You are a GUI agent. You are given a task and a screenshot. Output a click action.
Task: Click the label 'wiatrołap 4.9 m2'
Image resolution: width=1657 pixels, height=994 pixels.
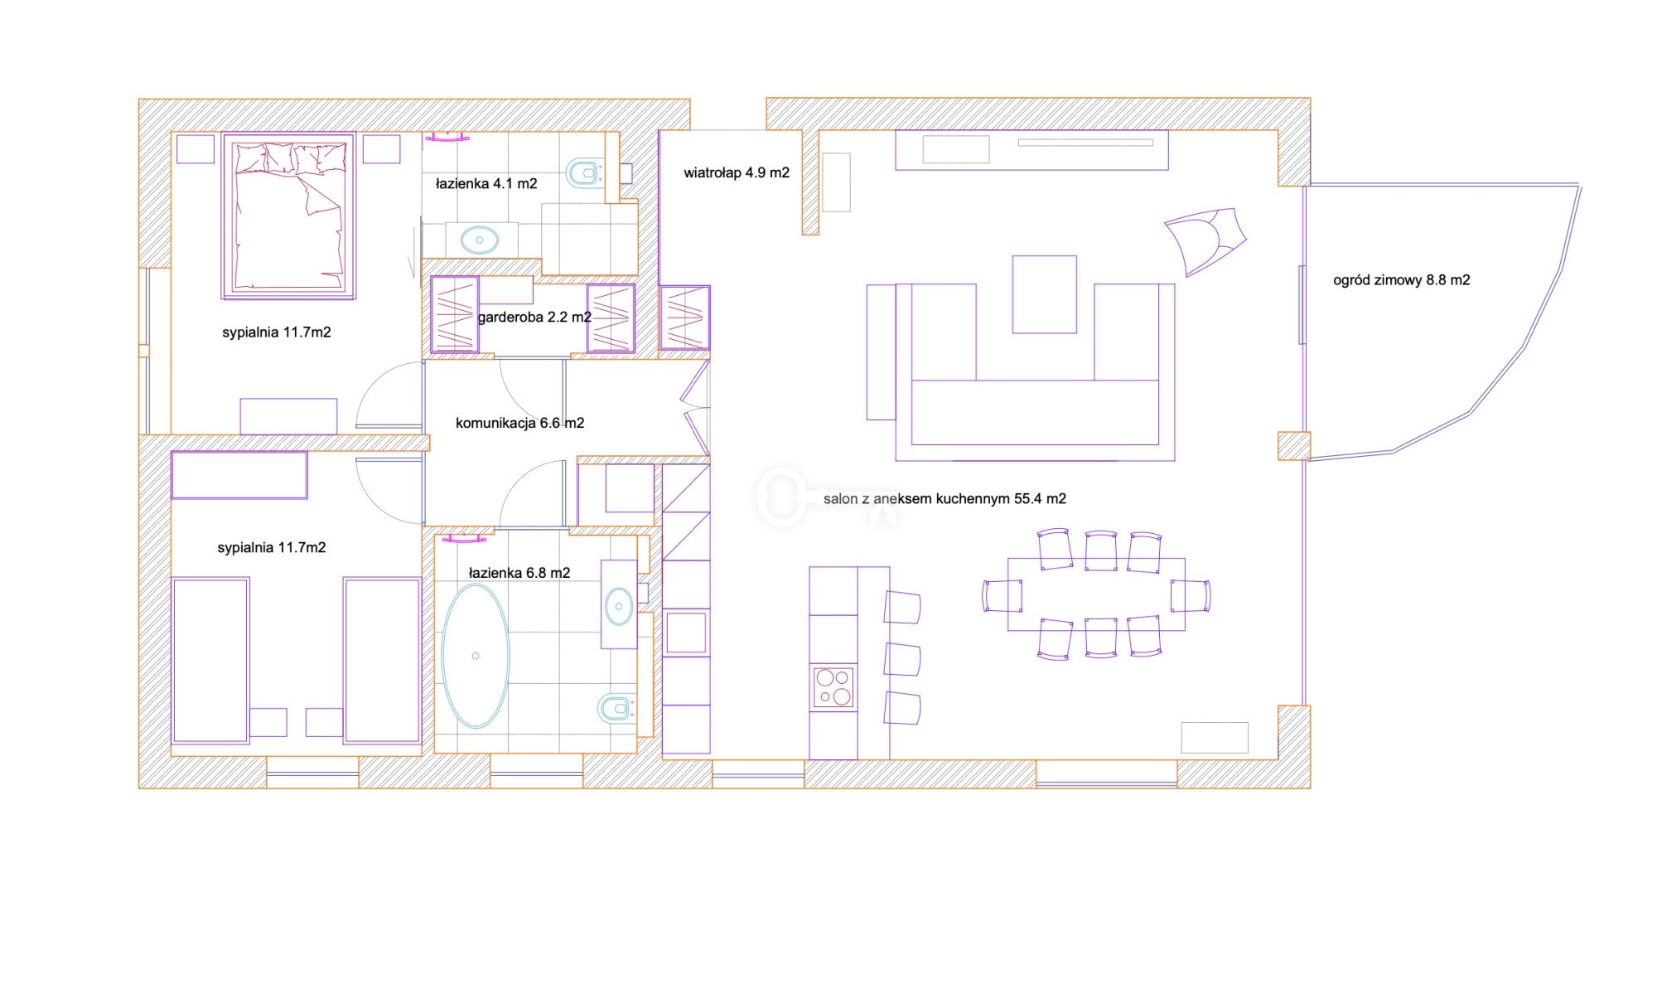point(737,172)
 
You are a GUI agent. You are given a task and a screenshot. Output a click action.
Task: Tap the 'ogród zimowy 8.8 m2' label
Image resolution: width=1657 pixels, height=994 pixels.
point(1401,280)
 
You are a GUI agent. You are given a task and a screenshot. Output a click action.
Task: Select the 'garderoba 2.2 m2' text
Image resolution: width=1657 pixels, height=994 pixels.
point(534,317)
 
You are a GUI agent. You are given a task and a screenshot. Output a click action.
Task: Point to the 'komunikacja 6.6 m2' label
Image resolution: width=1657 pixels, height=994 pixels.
point(519,423)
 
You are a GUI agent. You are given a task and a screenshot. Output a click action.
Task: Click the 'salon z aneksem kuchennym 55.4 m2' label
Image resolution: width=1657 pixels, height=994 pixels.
point(944,498)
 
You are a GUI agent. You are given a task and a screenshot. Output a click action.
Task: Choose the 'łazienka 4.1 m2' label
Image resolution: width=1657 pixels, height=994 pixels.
point(486,183)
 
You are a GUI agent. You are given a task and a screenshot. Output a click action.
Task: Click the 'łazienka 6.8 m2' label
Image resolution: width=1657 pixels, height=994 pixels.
point(519,573)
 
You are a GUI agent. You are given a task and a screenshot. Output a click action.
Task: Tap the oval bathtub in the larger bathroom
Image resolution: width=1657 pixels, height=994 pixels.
point(476,656)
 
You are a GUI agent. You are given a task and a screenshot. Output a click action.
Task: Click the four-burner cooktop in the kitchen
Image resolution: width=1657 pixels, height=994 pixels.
point(833,687)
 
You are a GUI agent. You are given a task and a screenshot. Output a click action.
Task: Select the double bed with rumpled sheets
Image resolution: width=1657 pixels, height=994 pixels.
point(288,216)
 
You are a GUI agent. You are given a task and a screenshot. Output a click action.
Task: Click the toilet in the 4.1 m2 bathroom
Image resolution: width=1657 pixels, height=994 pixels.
point(585,173)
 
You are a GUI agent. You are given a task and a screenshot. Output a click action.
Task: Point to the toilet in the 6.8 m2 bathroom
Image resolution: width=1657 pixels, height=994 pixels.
point(617,709)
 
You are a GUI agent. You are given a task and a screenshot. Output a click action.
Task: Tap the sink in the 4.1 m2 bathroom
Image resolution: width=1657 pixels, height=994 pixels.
point(479,240)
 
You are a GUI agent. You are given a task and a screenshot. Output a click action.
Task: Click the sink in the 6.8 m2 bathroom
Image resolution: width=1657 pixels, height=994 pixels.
point(619,606)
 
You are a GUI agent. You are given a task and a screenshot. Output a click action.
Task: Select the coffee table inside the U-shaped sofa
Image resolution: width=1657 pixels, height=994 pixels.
point(1044,294)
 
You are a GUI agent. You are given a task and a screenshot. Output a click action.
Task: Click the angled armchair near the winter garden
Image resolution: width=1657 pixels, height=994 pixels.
point(1204,240)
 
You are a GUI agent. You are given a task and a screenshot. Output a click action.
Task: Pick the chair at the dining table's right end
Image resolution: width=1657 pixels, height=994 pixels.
point(1191,596)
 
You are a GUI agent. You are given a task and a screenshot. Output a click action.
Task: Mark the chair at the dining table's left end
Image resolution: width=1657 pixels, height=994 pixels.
point(1002,596)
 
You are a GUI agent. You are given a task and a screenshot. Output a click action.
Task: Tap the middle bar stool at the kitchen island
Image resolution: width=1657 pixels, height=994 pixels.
point(903,659)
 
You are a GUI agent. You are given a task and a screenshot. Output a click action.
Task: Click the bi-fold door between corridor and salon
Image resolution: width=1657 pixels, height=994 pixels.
point(696,408)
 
